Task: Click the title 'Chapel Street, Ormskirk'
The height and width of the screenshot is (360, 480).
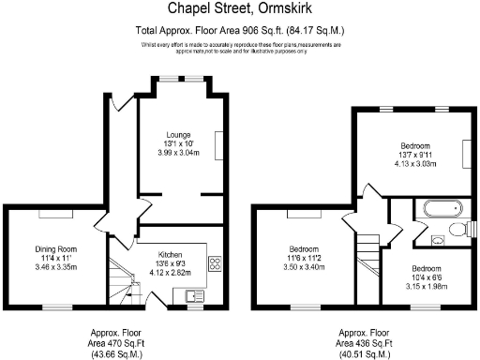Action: (x=239, y=9)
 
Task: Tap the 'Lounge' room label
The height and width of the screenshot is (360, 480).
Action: (x=178, y=134)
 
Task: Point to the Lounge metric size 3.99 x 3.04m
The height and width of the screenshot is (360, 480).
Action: (x=178, y=151)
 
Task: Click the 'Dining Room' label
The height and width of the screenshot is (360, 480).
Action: (x=55, y=247)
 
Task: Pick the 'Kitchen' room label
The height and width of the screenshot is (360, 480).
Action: (x=170, y=255)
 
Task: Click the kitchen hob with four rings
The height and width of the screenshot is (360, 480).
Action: (x=214, y=263)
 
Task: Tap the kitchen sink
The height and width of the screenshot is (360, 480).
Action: (x=194, y=296)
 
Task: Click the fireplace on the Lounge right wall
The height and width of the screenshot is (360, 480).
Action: (x=220, y=144)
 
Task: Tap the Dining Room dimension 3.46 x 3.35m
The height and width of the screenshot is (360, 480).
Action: (x=55, y=264)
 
